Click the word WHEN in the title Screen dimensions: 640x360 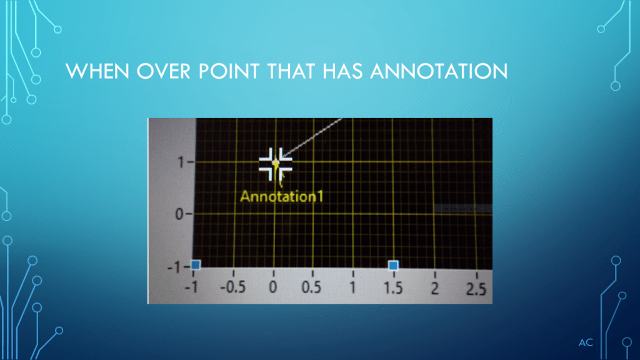pyautogui.click(x=97, y=71)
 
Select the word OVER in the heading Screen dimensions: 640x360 pyautogui.click(x=163, y=71)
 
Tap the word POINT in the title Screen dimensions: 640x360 pyautogui.click(x=229, y=71)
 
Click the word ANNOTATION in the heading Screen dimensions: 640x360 pyautogui.click(x=439, y=71)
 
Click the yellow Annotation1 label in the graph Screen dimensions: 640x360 pyautogui.click(x=282, y=196)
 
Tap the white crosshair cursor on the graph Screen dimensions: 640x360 pyautogui.click(x=276, y=164)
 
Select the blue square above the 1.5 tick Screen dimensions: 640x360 pyautogui.click(x=393, y=265)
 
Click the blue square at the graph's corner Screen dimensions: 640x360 pyautogui.click(x=196, y=264)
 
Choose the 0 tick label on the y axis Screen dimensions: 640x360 pyautogui.click(x=179, y=214)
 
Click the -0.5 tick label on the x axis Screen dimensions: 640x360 pyautogui.click(x=232, y=287)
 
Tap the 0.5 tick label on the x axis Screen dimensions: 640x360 pyautogui.click(x=311, y=287)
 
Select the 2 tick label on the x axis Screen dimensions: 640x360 pyautogui.click(x=435, y=289)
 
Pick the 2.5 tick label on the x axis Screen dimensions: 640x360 pyautogui.click(x=476, y=289)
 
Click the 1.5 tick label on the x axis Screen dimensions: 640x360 pyautogui.click(x=393, y=288)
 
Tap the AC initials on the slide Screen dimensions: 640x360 pyautogui.click(x=586, y=342)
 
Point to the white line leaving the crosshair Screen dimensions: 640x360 pyautogui.click(x=312, y=137)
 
